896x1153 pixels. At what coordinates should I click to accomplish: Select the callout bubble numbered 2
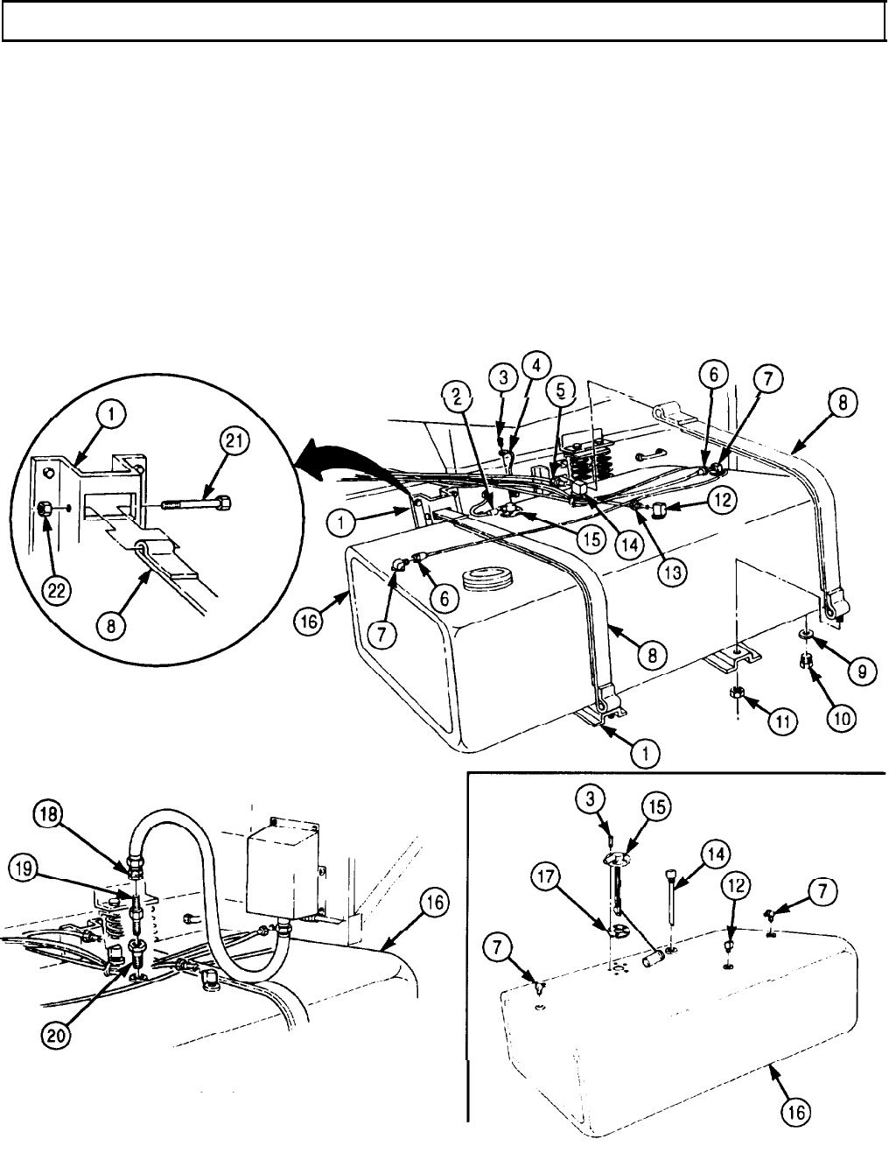456,396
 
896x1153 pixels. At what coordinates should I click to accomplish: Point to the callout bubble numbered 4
536,363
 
